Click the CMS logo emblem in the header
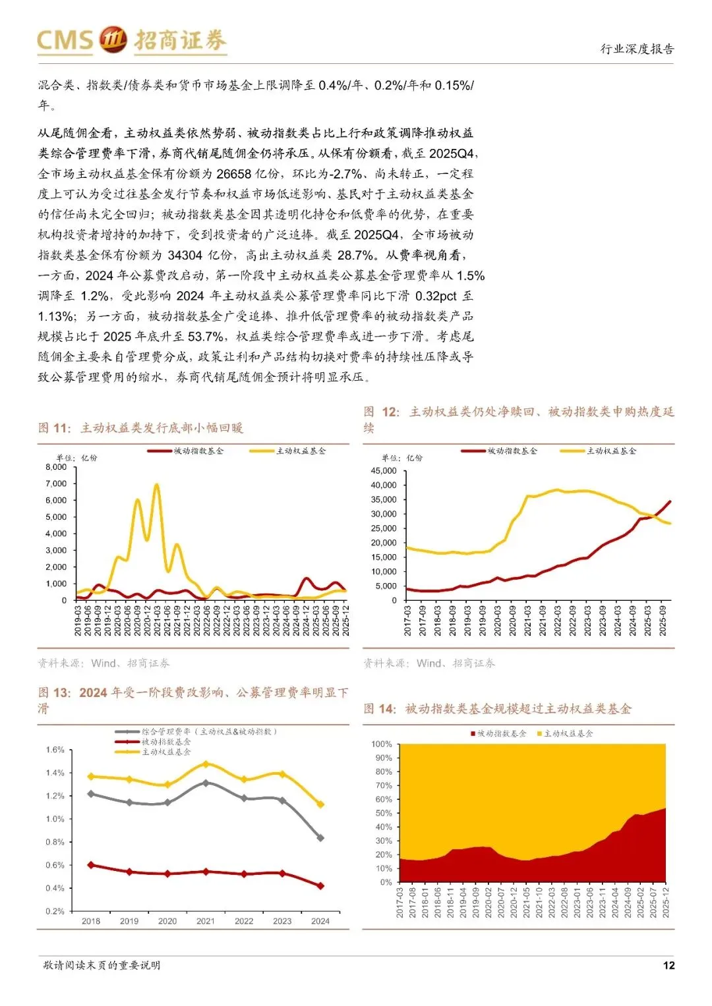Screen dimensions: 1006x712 tap(113, 40)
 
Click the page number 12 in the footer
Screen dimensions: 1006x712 tap(668, 965)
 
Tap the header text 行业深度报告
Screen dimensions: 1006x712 tap(637, 49)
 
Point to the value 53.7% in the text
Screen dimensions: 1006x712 tap(206, 337)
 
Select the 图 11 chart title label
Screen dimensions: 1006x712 tap(55, 428)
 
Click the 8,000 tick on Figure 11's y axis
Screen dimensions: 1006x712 tap(56, 467)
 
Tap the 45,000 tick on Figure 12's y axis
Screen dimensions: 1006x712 tap(384, 471)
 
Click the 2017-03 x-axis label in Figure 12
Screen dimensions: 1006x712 tap(408, 621)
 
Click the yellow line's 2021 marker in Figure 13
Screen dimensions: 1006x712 tap(206, 764)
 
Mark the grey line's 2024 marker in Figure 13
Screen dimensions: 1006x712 tap(320, 838)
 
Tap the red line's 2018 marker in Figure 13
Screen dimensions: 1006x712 tap(91, 865)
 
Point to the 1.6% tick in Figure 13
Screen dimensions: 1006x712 tap(55, 750)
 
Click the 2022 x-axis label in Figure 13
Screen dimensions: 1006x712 tap(244, 921)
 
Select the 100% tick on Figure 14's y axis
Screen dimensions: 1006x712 tap(382, 744)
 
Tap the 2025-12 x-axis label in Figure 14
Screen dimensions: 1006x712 tap(666, 902)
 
